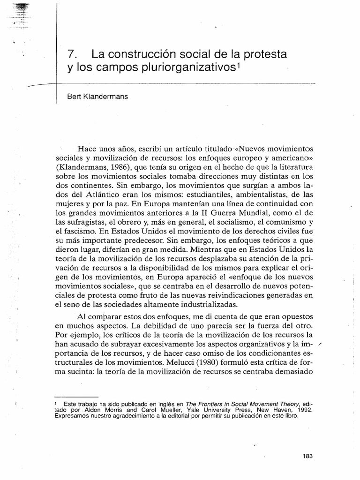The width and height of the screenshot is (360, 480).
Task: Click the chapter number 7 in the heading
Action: click(70, 54)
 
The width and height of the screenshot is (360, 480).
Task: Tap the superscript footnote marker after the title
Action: click(239, 66)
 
